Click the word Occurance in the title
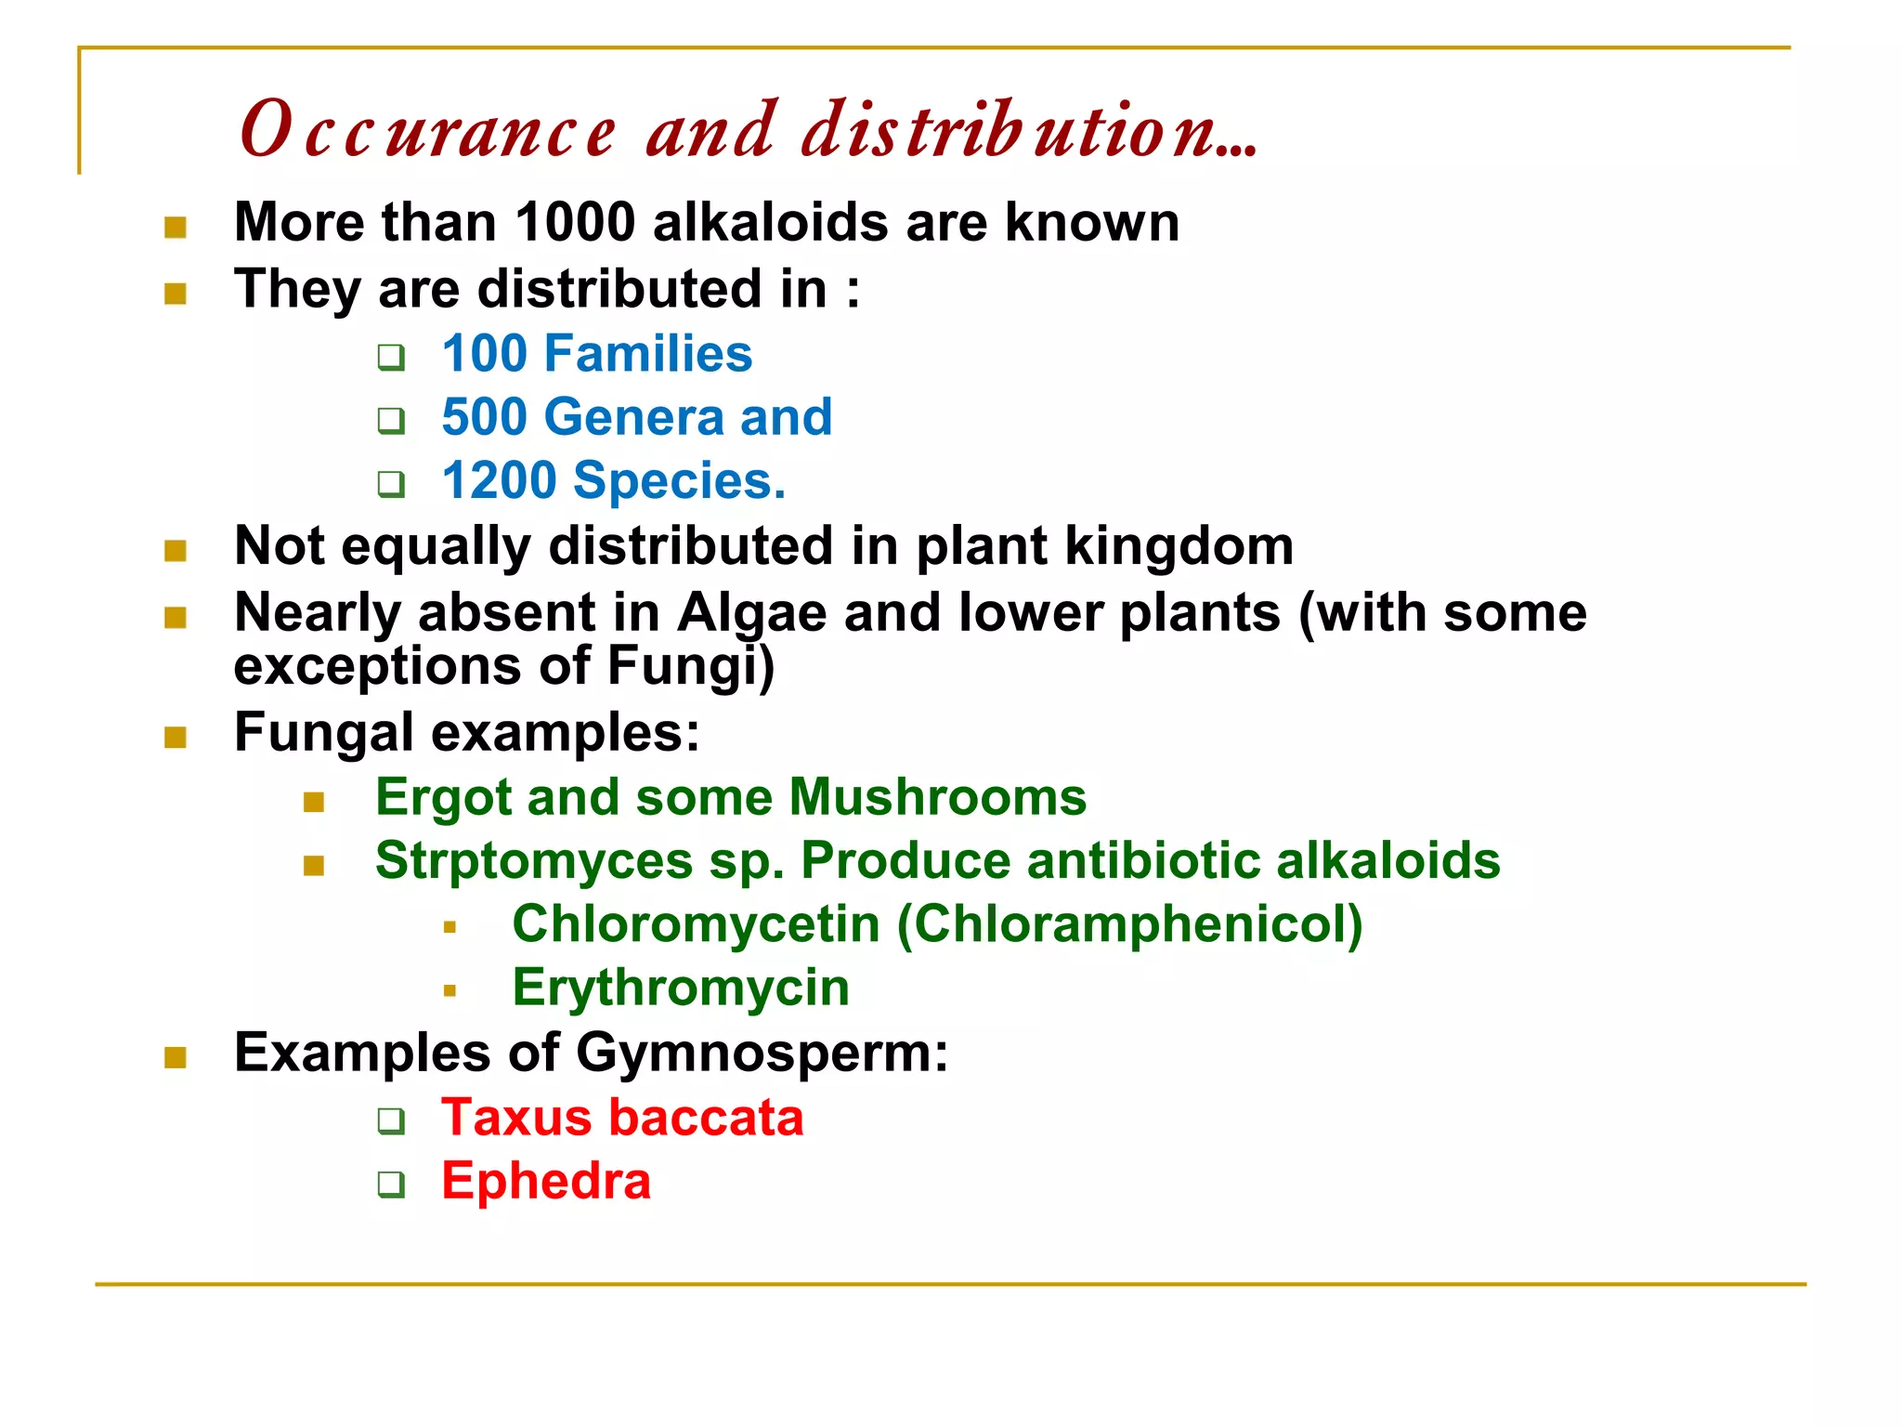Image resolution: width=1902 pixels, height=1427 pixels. click(427, 131)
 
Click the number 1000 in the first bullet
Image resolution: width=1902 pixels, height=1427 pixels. click(575, 223)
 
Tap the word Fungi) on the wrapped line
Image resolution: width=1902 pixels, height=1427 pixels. click(690, 667)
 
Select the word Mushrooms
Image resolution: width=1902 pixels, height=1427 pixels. click(937, 798)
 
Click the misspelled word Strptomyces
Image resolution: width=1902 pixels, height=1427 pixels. click(534, 861)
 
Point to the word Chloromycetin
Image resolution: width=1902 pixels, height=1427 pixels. click(696, 925)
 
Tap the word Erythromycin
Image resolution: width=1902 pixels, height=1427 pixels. click(681, 988)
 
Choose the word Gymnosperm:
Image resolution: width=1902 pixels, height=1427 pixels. click(762, 1054)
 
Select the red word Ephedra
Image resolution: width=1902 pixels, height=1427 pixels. click(546, 1182)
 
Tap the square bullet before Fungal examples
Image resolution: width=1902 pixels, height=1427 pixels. click(176, 738)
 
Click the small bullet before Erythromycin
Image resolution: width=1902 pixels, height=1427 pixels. click(450, 991)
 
